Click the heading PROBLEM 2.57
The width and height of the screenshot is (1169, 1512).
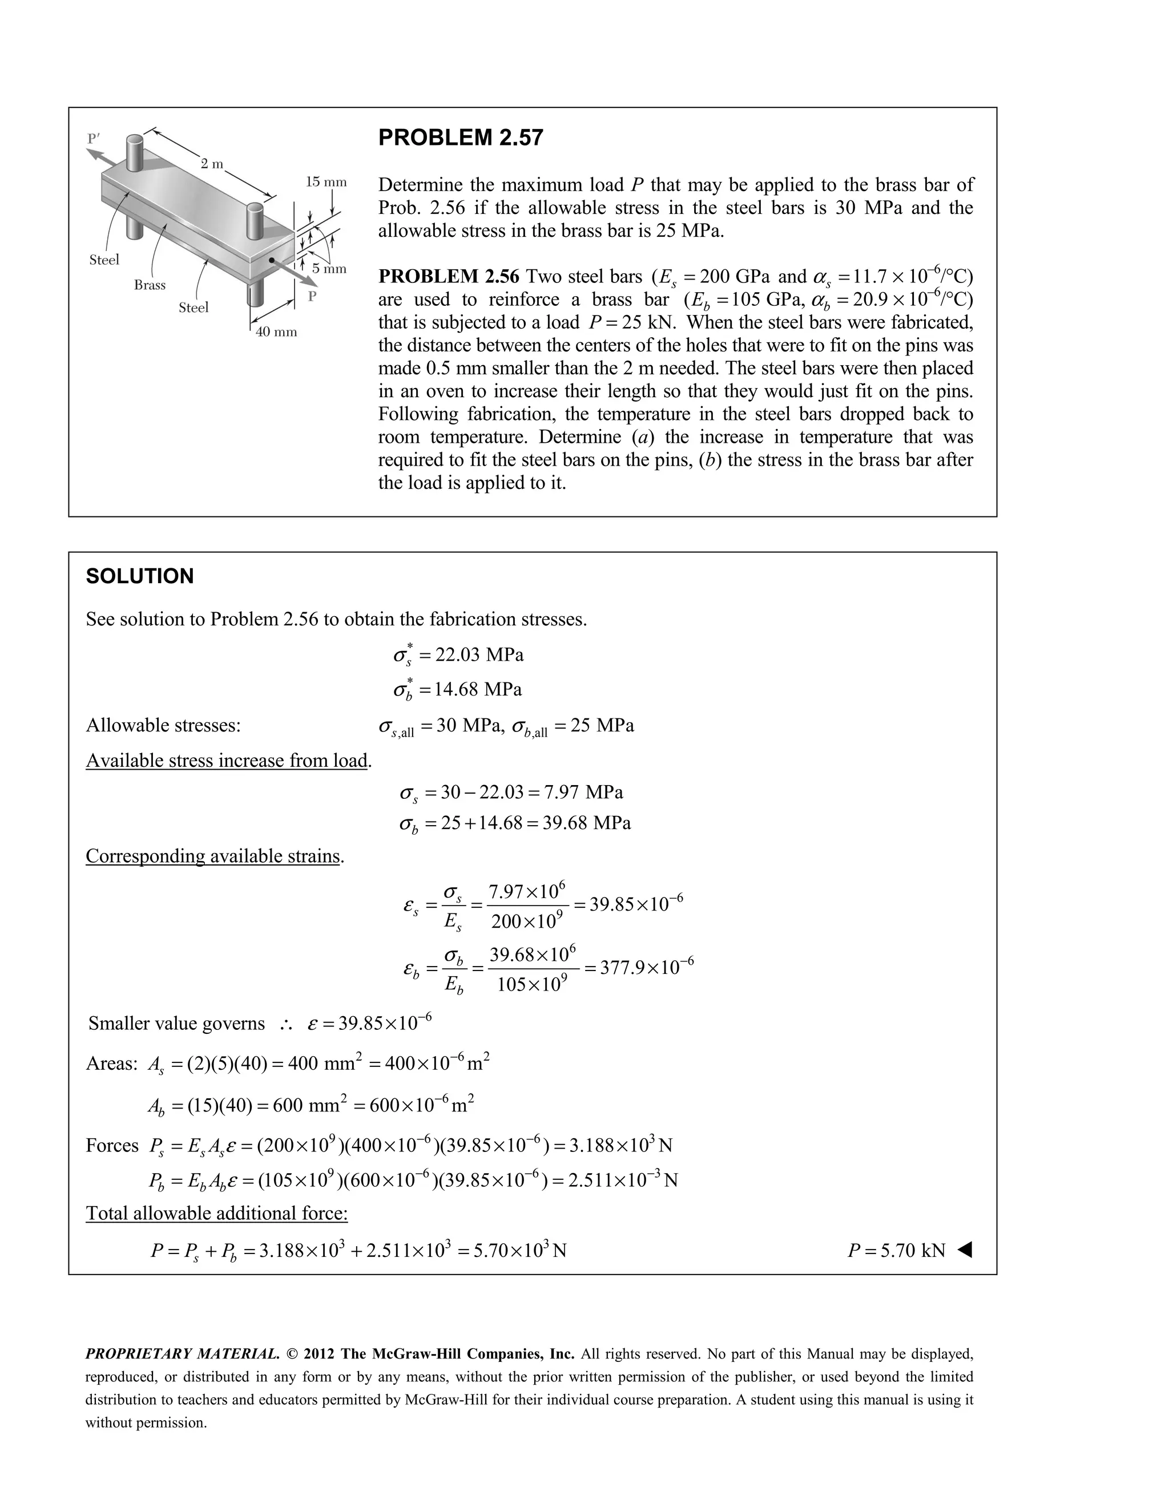pyautogui.click(x=461, y=138)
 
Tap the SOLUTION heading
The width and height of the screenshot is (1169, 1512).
pyautogui.click(x=140, y=576)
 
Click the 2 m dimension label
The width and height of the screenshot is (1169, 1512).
pyautogui.click(x=212, y=164)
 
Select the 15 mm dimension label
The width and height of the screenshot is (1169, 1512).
pyautogui.click(x=326, y=182)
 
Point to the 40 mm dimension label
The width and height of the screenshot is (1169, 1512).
pyautogui.click(x=276, y=332)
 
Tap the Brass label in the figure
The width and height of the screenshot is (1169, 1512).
pyautogui.click(x=150, y=285)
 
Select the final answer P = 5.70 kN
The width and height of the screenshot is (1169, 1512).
pyautogui.click(x=896, y=1250)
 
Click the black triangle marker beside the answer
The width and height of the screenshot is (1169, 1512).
pyautogui.click(x=965, y=1250)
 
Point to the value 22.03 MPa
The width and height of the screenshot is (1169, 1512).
pyautogui.click(x=478, y=655)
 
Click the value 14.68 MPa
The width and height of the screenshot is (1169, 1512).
pyautogui.click(x=478, y=690)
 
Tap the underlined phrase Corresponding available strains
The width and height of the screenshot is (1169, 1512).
pyautogui.click(x=213, y=856)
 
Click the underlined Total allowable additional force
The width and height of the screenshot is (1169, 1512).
pyautogui.click(x=217, y=1214)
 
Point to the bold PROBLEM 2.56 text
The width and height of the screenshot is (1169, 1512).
pyautogui.click(x=449, y=277)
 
